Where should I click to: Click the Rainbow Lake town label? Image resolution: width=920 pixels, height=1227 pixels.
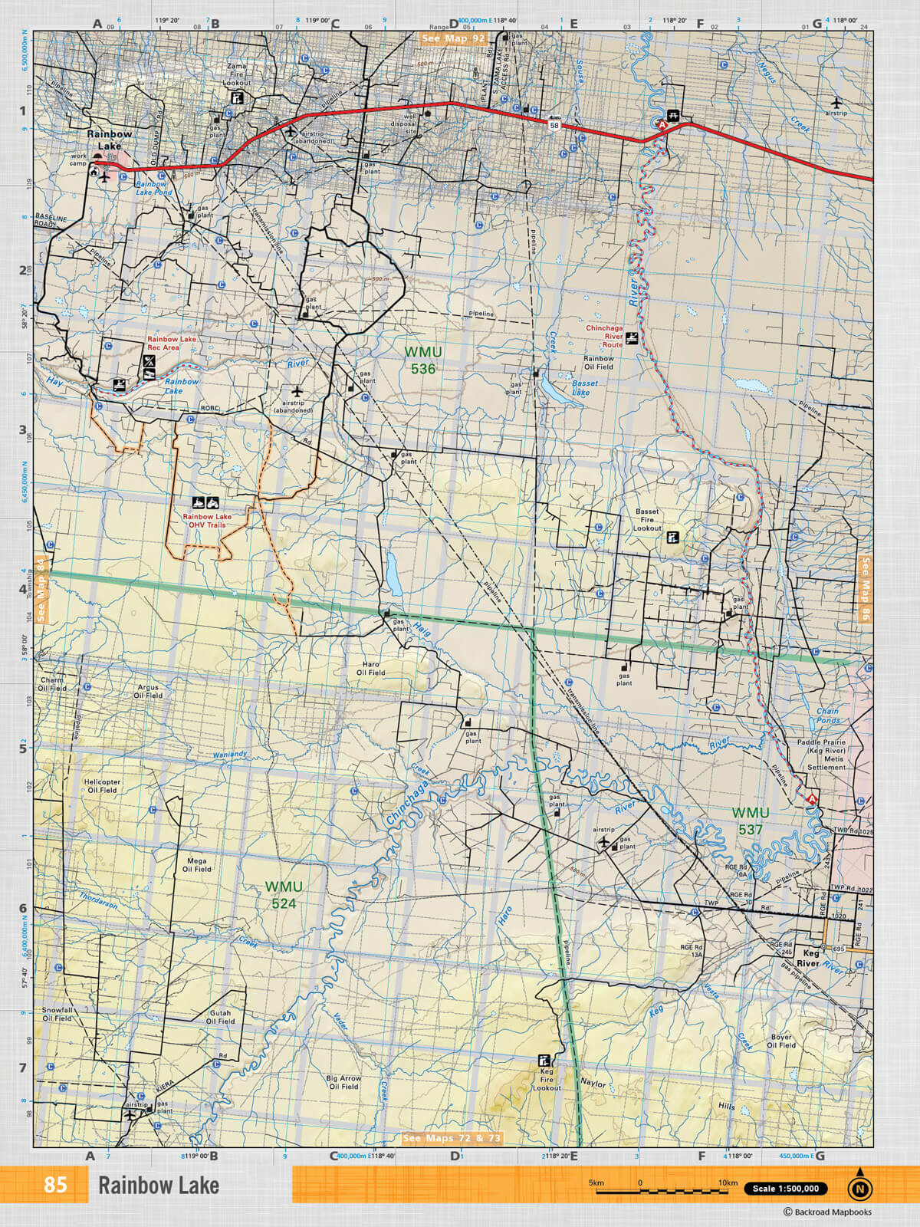(x=109, y=140)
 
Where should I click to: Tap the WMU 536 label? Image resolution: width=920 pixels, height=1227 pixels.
(x=423, y=360)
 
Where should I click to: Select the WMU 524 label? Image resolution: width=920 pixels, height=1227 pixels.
(x=284, y=895)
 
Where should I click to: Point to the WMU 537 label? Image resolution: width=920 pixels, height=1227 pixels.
(x=750, y=821)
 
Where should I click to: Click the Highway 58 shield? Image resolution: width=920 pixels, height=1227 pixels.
(x=554, y=125)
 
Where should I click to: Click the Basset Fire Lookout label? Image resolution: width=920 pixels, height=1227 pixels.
(x=647, y=520)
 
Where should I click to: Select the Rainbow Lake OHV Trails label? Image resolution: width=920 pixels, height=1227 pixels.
(x=206, y=521)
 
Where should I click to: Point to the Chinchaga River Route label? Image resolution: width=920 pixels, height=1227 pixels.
(x=603, y=332)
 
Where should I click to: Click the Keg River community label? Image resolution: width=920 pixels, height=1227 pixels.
(x=807, y=959)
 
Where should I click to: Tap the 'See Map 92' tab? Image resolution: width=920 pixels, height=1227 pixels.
(x=453, y=38)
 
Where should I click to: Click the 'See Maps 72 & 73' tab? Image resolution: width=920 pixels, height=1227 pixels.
(x=452, y=1138)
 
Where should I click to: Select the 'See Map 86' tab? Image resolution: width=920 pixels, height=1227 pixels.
(x=866, y=589)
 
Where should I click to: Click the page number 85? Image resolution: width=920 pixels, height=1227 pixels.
(x=55, y=1185)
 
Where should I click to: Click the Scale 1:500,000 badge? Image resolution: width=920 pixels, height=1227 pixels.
(x=785, y=1189)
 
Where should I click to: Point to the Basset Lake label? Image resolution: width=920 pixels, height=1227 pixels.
(x=583, y=387)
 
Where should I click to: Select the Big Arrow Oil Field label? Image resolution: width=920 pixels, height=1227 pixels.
(x=344, y=1082)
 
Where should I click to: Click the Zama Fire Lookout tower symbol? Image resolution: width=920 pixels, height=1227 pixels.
(x=238, y=98)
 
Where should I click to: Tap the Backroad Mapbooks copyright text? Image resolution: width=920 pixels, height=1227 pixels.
(x=827, y=1212)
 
